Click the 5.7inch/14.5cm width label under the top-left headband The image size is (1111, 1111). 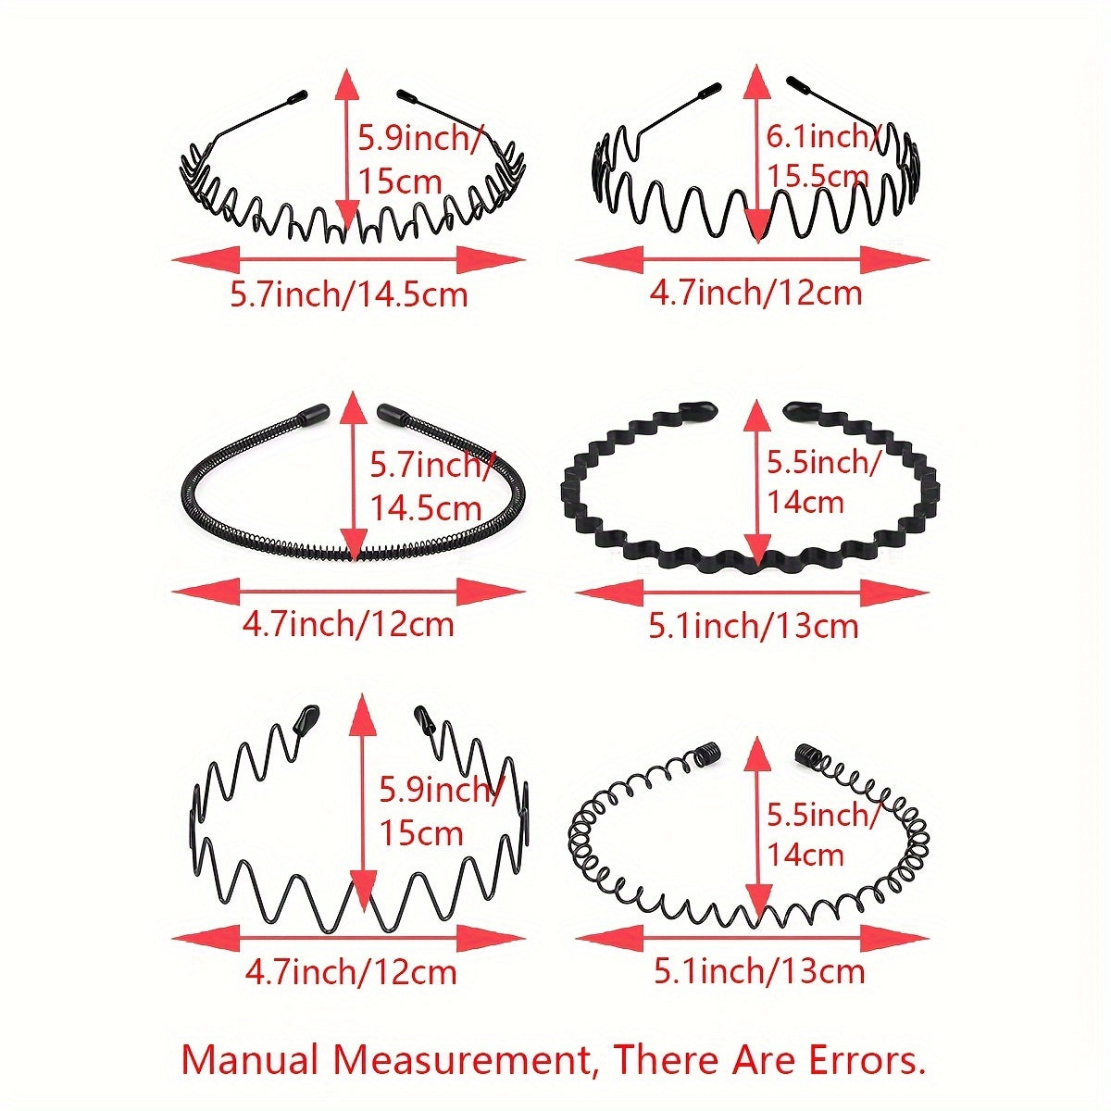tap(349, 295)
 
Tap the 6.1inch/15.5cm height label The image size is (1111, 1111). tap(818, 156)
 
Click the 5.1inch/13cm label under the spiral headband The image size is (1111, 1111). tap(759, 971)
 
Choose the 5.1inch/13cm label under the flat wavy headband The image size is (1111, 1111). tap(754, 626)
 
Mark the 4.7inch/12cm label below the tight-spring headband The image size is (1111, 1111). tap(348, 624)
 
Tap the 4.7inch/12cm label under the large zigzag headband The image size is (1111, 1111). tap(351, 972)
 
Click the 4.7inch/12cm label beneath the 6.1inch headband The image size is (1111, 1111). tap(755, 293)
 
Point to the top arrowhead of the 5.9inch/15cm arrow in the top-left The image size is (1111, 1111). tap(348, 85)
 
